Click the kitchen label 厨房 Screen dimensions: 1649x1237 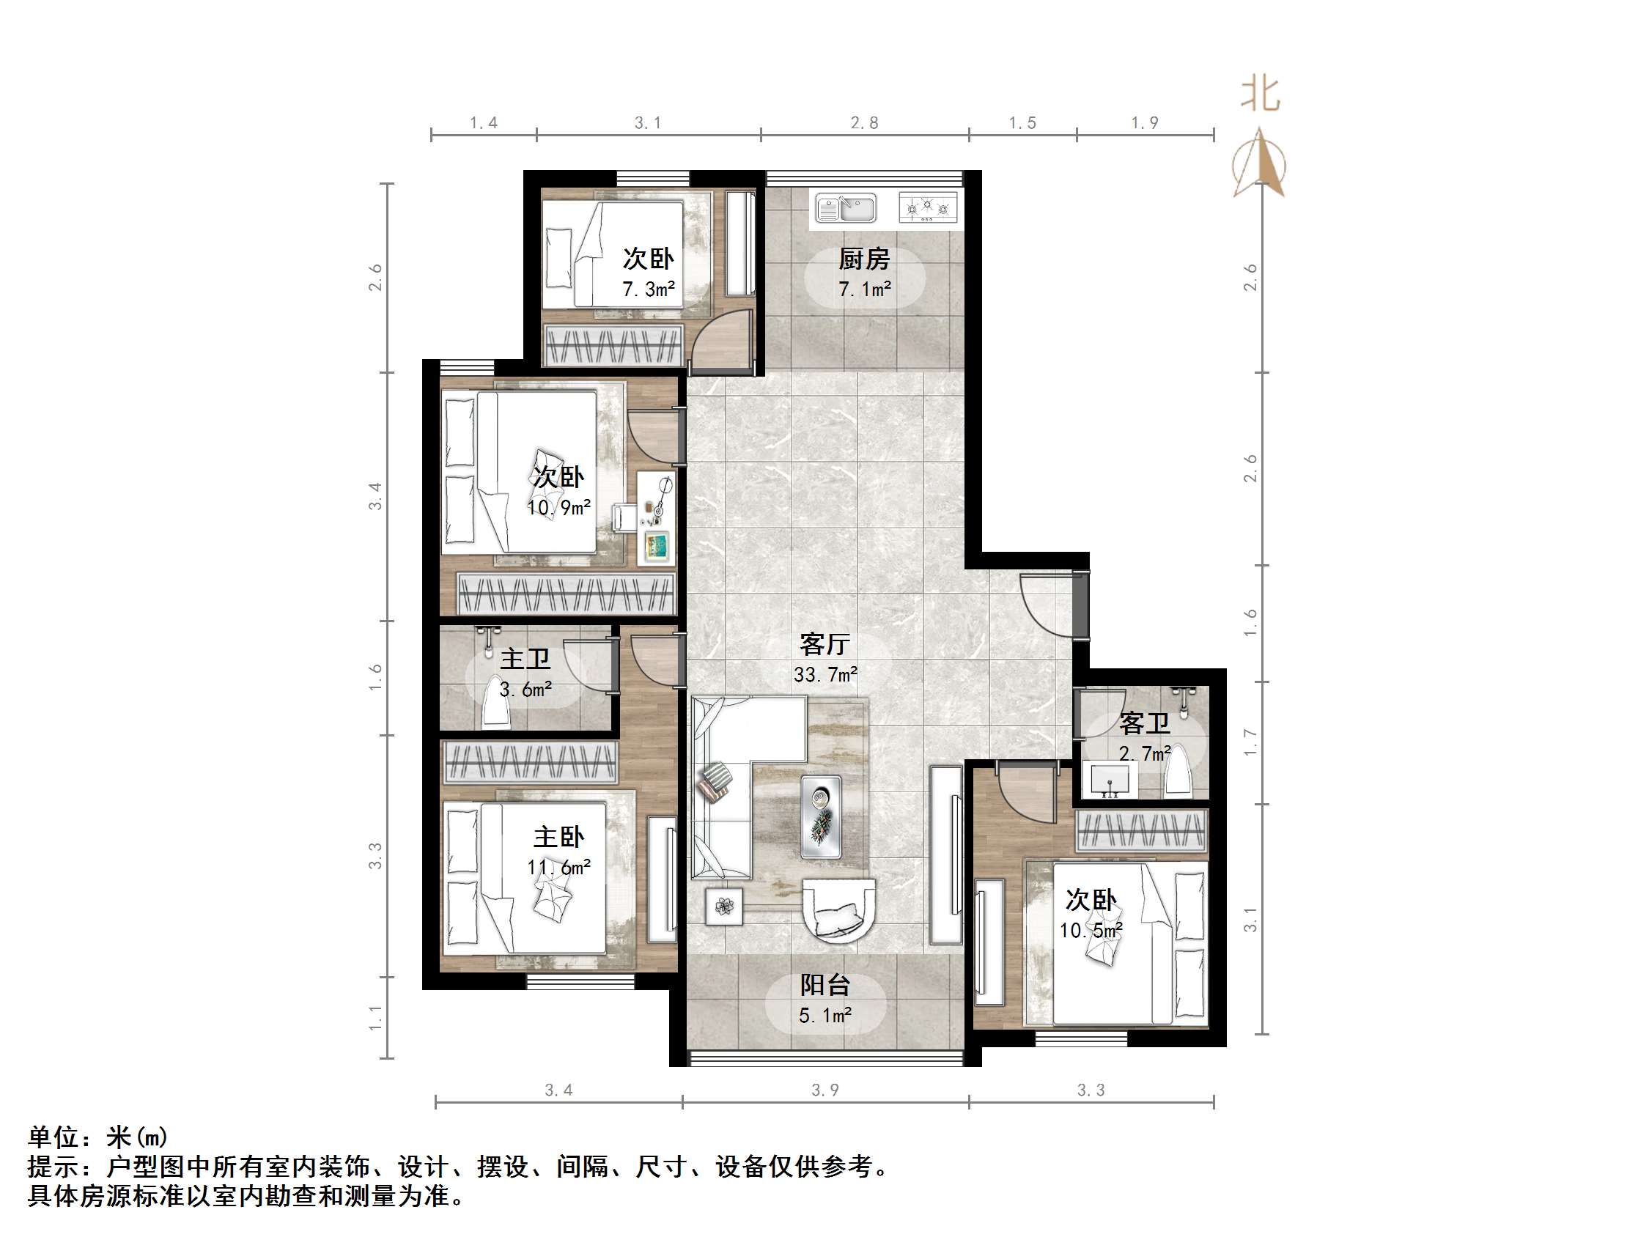(864, 259)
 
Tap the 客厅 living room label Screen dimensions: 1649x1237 (824, 643)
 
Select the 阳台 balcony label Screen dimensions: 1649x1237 (824, 985)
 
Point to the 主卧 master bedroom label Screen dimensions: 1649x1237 (558, 837)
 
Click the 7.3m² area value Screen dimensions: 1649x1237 (649, 289)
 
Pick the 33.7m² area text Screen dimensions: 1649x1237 (825, 674)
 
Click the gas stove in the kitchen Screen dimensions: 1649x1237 (927, 207)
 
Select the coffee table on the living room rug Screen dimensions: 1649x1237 (821, 816)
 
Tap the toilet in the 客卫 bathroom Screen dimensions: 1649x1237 (1178, 769)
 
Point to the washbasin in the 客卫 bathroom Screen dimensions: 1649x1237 (1110, 779)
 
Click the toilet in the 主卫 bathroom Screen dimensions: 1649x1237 (495, 701)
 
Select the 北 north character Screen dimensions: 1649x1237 (1260, 95)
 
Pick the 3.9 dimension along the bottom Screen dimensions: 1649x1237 (824, 1090)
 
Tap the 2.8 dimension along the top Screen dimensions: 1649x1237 (864, 122)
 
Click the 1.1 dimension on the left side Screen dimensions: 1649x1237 (375, 1018)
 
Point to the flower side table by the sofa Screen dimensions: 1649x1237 (725, 906)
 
